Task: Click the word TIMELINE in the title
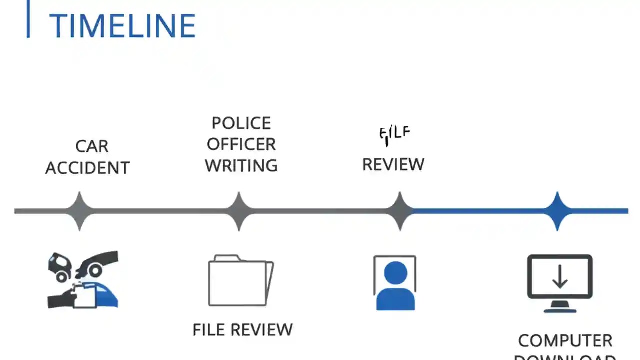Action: tap(122, 26)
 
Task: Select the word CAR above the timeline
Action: tap(92, 146)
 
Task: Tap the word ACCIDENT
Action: tap(87, 168)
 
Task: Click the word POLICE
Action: tap(241, 123)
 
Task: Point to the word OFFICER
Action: tap(241, 144)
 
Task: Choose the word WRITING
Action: tap(241, 166)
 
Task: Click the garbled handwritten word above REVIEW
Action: tap(394, 134)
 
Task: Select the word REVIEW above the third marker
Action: tap(393, 164)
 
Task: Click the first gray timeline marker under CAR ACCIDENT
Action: tap(79, 211)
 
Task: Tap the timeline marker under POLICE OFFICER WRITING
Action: tap(239, 211)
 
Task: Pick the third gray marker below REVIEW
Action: tap(400, 211)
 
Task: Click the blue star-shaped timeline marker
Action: tap(557, 211)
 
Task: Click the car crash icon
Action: tap(83, 280)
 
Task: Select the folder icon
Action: tap(240, 281)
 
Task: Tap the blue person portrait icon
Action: tap(395, 283)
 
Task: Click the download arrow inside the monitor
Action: tap(559, 276)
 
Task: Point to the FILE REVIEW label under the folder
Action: tap(243, 330)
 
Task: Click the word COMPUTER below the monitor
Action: tap(565, 341)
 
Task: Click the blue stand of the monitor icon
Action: tap(560, 308)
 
